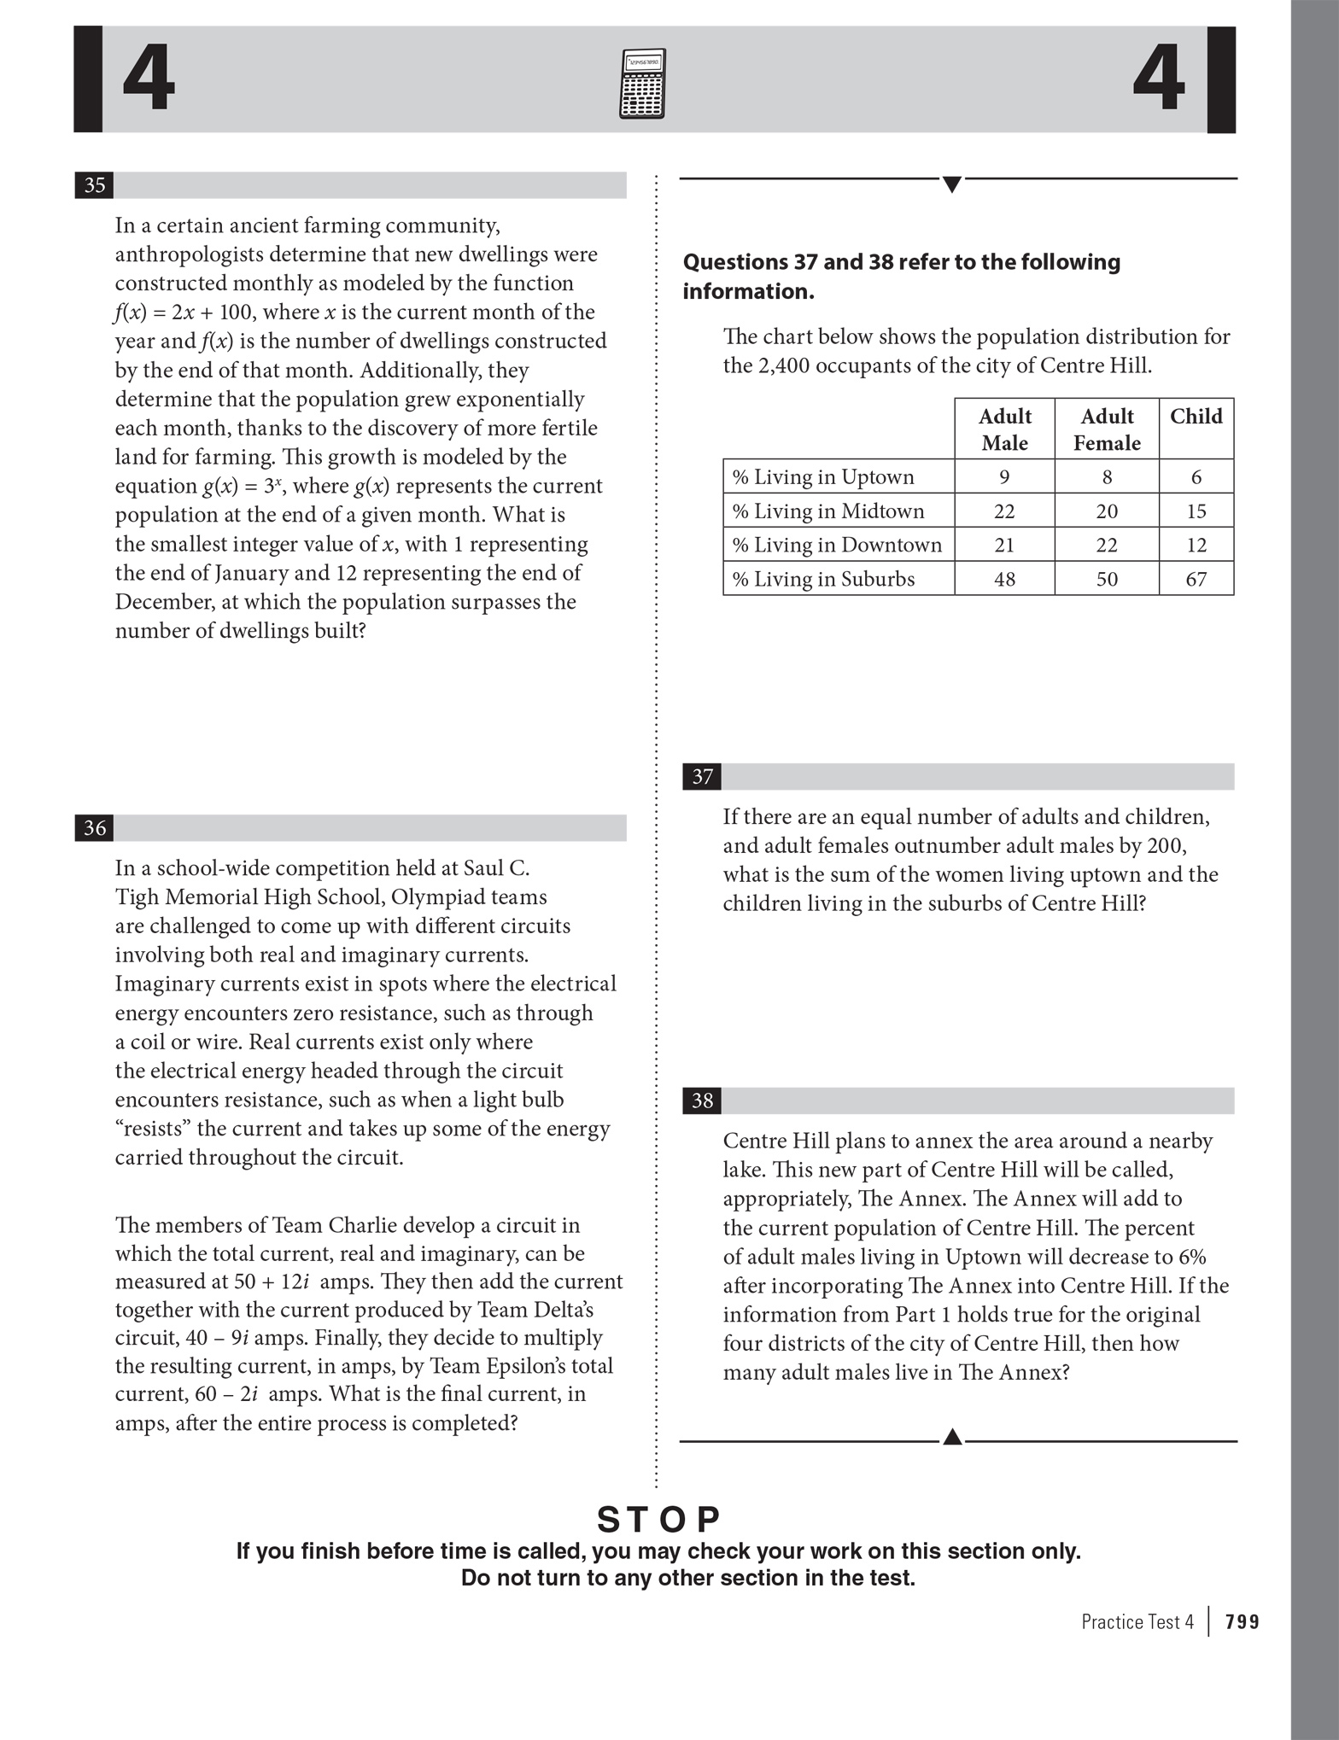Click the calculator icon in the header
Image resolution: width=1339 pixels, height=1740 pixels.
[x=641, y=84]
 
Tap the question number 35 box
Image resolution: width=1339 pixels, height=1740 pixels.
[x=95, y=185]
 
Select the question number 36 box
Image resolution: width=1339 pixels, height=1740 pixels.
[x=95, y=827]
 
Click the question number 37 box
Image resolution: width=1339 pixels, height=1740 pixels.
[x=702, y=776]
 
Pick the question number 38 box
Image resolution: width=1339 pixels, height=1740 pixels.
[x=702, y=1101]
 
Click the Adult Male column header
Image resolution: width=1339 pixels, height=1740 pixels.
[x=1004, y=429]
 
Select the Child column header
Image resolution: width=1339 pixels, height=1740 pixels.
[x=1196, y=417]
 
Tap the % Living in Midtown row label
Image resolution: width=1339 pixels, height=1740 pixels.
[x=827, y=511]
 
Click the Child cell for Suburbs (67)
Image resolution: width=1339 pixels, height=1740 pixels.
[x=1196, y=579]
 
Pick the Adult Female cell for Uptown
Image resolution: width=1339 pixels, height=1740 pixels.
[x=1107, y=476]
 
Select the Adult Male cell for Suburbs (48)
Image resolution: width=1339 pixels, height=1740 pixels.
[x=1004, y=579]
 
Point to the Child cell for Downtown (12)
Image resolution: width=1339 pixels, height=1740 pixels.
[x=1196, y=545]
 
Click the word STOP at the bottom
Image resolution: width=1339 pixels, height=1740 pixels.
[x=658, y=1520]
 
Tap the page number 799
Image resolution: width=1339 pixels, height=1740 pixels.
[x=1243, y=1621]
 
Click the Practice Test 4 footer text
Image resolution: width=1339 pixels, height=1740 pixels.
[x=1137, y=1621]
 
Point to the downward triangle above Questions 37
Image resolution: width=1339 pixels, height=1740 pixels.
[x=952, y=184]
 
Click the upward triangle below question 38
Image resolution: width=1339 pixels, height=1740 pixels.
[x=952, y=1437]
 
